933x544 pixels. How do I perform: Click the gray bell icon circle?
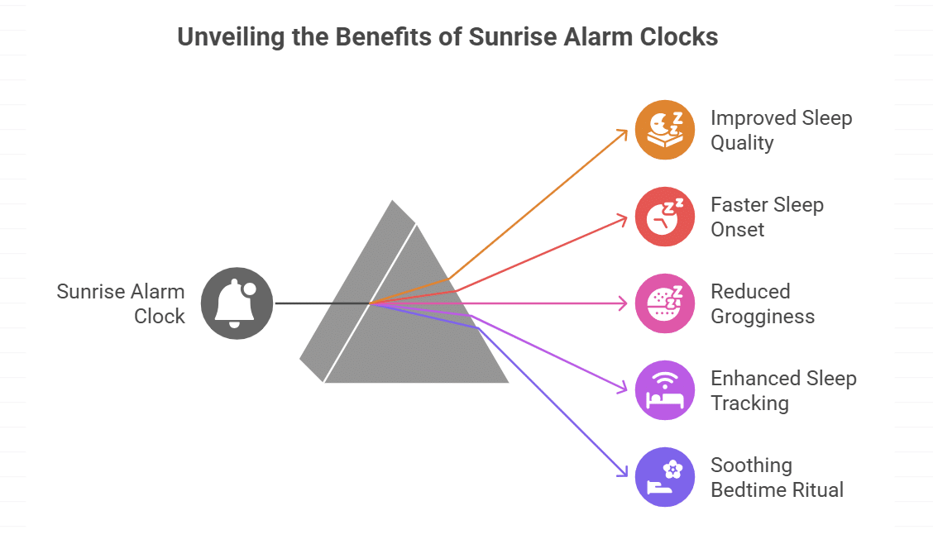(x=237, y=303)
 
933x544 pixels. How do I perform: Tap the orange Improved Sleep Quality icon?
(x=665, y=130)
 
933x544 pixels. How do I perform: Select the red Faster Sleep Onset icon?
(x=665, y=217)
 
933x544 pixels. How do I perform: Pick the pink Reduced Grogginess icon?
(x=665, y=303)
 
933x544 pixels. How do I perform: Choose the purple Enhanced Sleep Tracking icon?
(x=665, y=390)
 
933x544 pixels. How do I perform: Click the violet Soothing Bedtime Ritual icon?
(x=665, y=477)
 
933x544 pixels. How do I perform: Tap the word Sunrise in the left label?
(x=87, y=291)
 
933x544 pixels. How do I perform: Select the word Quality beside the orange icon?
(x=742, y=143)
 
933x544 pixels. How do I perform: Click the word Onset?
(x=738, y=230)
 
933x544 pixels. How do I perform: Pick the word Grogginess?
(x=763, y=317)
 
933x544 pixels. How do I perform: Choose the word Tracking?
(x=749, y=403)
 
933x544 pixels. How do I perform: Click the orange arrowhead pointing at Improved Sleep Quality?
(x=624, y=132)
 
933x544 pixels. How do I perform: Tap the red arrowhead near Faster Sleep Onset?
(x=624, y=217)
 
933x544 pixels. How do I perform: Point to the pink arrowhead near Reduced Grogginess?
(x=624, y=303)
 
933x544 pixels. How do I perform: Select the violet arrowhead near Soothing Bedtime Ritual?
(x=624, y=473)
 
